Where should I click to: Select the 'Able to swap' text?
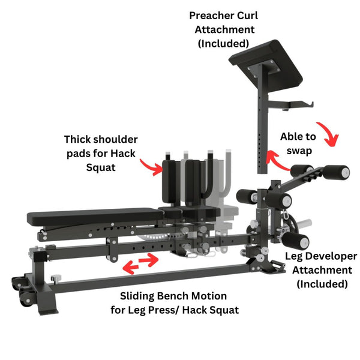298,143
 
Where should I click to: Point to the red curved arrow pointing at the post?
277,161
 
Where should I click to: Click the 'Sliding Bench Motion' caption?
173,296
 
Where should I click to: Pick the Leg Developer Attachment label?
319,269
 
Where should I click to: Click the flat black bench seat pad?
96,215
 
